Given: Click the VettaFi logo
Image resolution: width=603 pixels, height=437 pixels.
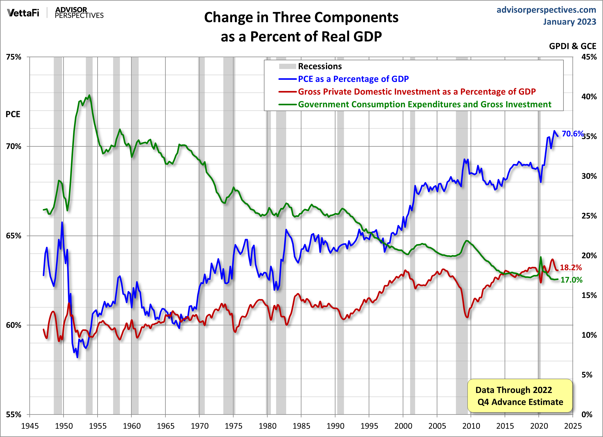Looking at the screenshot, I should point(23,13).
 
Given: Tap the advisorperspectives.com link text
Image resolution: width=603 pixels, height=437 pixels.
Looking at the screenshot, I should point(546,10).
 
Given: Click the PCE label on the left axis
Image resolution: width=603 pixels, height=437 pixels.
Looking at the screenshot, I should point(13,114).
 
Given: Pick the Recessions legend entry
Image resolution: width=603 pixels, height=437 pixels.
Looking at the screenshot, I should point(320,66).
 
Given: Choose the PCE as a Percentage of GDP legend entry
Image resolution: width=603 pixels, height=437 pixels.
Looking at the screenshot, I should point(353,79).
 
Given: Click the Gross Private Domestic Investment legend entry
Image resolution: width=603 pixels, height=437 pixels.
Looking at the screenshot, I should point(416,92).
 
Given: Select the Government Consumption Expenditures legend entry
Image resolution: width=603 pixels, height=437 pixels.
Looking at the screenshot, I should point(424,104).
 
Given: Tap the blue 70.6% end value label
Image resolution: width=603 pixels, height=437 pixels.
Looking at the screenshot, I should point(572,134).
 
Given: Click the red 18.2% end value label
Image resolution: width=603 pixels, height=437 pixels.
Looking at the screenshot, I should point(571,268).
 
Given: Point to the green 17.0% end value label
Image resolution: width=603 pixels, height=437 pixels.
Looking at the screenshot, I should point(571,280).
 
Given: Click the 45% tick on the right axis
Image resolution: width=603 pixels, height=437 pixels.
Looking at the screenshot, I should point(589,57).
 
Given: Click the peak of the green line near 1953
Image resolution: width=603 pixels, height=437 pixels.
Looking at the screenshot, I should point(89,95).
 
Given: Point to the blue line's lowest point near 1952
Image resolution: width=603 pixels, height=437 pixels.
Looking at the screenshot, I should point(77,357).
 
